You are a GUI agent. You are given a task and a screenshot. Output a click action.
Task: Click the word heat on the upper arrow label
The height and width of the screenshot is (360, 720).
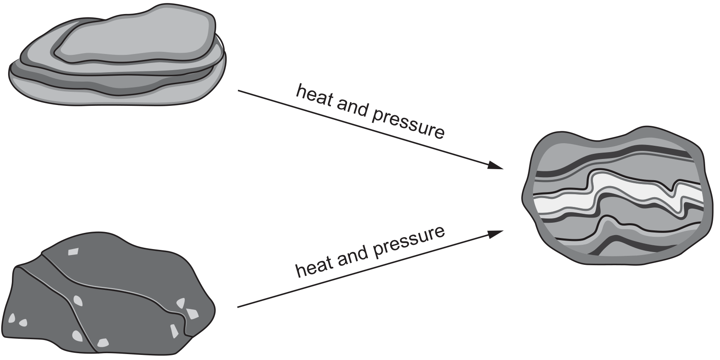click(x=314, y=96)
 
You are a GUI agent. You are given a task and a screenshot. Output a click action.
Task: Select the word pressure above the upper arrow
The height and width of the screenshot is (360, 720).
click(x=408, y=125)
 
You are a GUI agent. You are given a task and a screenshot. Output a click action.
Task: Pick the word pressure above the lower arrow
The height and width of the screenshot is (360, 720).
click(x=408, y=241)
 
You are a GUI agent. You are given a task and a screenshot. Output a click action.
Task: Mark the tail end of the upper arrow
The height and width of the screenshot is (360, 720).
click(x=238, y=91)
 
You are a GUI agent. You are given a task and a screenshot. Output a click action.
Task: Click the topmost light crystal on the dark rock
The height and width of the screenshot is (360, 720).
click(x=73, y=251)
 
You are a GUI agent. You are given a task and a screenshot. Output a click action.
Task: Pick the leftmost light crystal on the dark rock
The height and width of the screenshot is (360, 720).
click(x=11, y=318)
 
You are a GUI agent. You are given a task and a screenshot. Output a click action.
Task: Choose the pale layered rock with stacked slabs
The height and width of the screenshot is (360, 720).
click(x=117, y=55)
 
